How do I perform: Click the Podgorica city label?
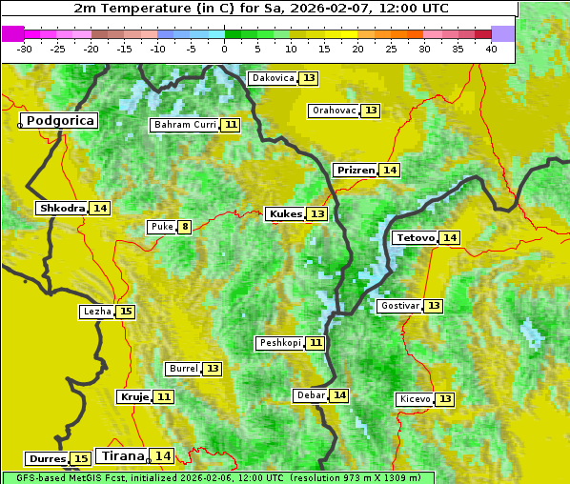pos(60,121)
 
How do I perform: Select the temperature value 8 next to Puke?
pos(184,227)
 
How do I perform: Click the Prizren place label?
pos(355,170)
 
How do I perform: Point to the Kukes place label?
pos(285,213)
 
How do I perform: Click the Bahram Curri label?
pos(185,125)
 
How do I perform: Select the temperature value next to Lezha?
pos(126,312)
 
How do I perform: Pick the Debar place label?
pos(311,395)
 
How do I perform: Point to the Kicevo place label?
pos(415,398)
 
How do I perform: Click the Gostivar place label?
pos(398,306)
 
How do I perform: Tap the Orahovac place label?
pos(334,111)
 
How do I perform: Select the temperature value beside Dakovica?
pos(309,78)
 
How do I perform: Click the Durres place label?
pos(47,459)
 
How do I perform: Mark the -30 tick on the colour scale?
pos(25,48)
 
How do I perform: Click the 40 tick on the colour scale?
pos(491,48)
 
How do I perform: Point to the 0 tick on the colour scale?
pos(225,48)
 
